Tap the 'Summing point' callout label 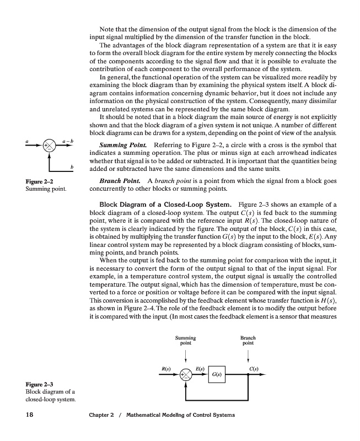(x=186, y=340)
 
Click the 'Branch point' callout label (x=248, y=340)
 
